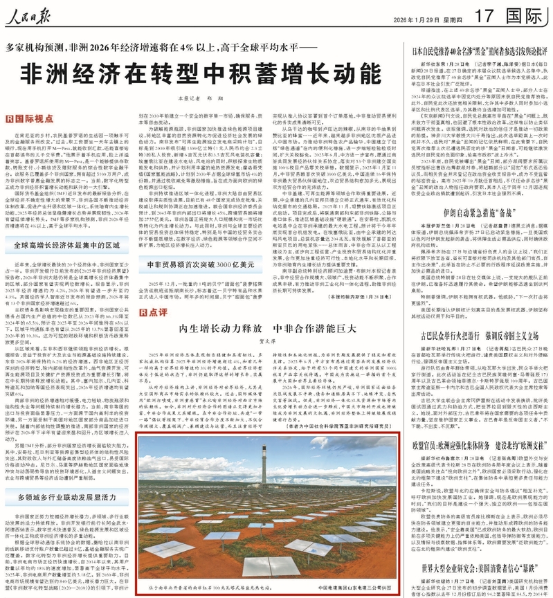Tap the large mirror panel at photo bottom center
pos(270,566)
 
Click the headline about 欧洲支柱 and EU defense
pos(480,460)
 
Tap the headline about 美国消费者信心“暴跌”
pos(480,570)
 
